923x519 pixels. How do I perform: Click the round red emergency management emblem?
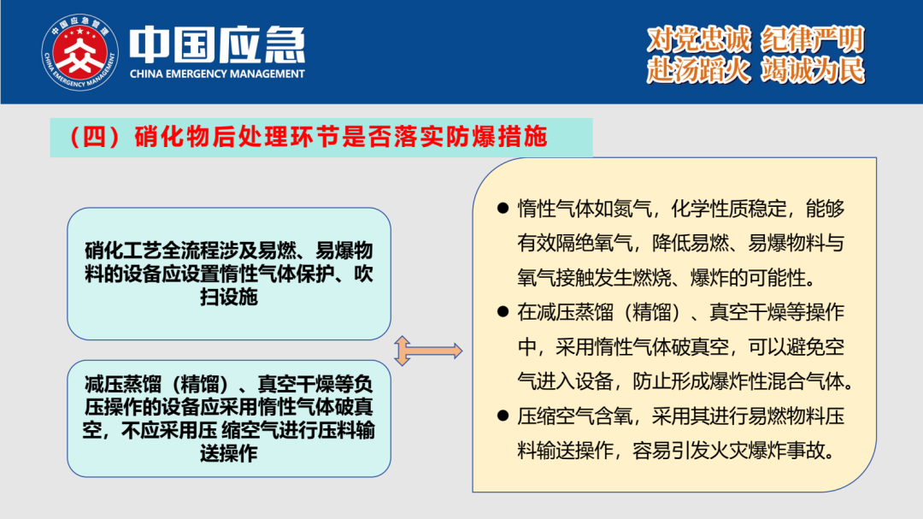coord(80,52)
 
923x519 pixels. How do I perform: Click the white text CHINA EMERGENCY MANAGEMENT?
coord(217,74)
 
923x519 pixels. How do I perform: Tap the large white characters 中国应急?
coord(217,44)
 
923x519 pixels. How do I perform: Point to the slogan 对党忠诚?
coord(699,39)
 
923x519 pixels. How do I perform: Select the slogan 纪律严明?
coord(813,39)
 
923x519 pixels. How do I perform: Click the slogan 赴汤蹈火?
coord(699,70)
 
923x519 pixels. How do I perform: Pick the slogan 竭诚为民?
coord(813,70)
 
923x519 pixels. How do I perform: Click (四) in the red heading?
coord(95,137)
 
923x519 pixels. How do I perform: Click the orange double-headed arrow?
coord(428,351)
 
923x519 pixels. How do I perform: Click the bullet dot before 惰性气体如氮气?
coord(503,208)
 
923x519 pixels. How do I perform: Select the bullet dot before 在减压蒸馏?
coord(503,311)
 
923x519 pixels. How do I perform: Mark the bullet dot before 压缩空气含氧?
coord(503,416)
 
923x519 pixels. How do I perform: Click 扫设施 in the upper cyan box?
coord(229,297)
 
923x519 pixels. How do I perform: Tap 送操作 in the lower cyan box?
coord(229,453)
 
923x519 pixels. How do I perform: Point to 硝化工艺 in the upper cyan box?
coord(122,251)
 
